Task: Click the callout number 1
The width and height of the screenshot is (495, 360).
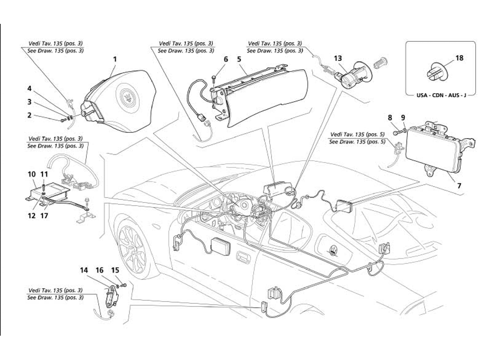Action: pos(115,59)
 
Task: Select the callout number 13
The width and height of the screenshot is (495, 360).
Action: pos(337,58)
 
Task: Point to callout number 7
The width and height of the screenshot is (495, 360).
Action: pos(460,184)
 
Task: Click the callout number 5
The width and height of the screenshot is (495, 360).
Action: pos(239,59)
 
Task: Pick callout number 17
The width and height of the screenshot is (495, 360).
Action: pos(226,59)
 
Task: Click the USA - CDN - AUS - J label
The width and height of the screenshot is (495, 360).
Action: pos(441,96)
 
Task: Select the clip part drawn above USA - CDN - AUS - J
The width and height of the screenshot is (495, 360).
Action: pos(435,74)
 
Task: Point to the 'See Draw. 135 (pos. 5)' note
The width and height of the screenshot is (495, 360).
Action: pos(357,142)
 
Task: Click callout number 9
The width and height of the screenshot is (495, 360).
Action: pos(403,118)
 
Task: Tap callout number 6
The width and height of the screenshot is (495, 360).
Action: pos(226,59)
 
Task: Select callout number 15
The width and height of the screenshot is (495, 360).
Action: pos(115,270)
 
